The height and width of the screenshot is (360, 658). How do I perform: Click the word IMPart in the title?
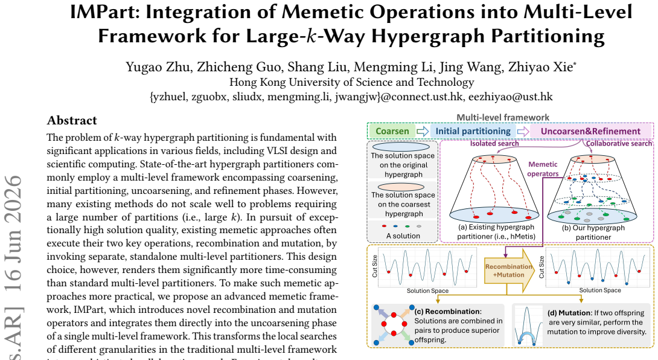click(104, 11)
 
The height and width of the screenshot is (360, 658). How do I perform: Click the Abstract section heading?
click(72, 121)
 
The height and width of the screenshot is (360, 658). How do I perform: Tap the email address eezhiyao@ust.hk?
click(510, 97)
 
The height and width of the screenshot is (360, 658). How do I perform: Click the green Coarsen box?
click(392, 132)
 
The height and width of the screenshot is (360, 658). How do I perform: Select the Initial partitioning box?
click(473, 132)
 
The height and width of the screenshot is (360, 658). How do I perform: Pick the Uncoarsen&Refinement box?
click(590, 132)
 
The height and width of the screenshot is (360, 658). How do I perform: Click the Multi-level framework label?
click(503, 118)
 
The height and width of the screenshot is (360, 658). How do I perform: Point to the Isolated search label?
click(494, 144)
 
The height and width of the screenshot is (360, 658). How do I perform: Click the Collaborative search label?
click(619, 144)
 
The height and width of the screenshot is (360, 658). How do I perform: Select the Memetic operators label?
click(543, 169)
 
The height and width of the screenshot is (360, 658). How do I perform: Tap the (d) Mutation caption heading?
click(569, 313)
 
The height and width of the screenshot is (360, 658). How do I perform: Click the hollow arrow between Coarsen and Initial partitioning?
click(423, 132)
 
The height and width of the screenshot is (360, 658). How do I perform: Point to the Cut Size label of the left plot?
click(375, 266)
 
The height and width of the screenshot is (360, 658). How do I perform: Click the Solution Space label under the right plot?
click(600, 291)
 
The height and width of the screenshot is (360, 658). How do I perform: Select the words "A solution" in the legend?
click(403, 236)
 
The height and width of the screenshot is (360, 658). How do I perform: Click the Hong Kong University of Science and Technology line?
click(352, 82)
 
